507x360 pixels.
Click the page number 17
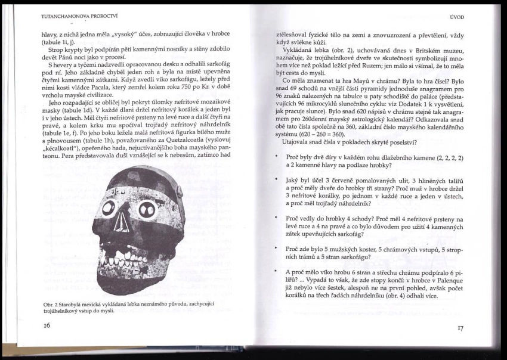coord(460,327)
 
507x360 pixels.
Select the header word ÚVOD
coord(456,20)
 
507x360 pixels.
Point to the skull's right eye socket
coord(147,209)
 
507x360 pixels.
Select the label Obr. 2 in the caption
coord(51,305)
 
